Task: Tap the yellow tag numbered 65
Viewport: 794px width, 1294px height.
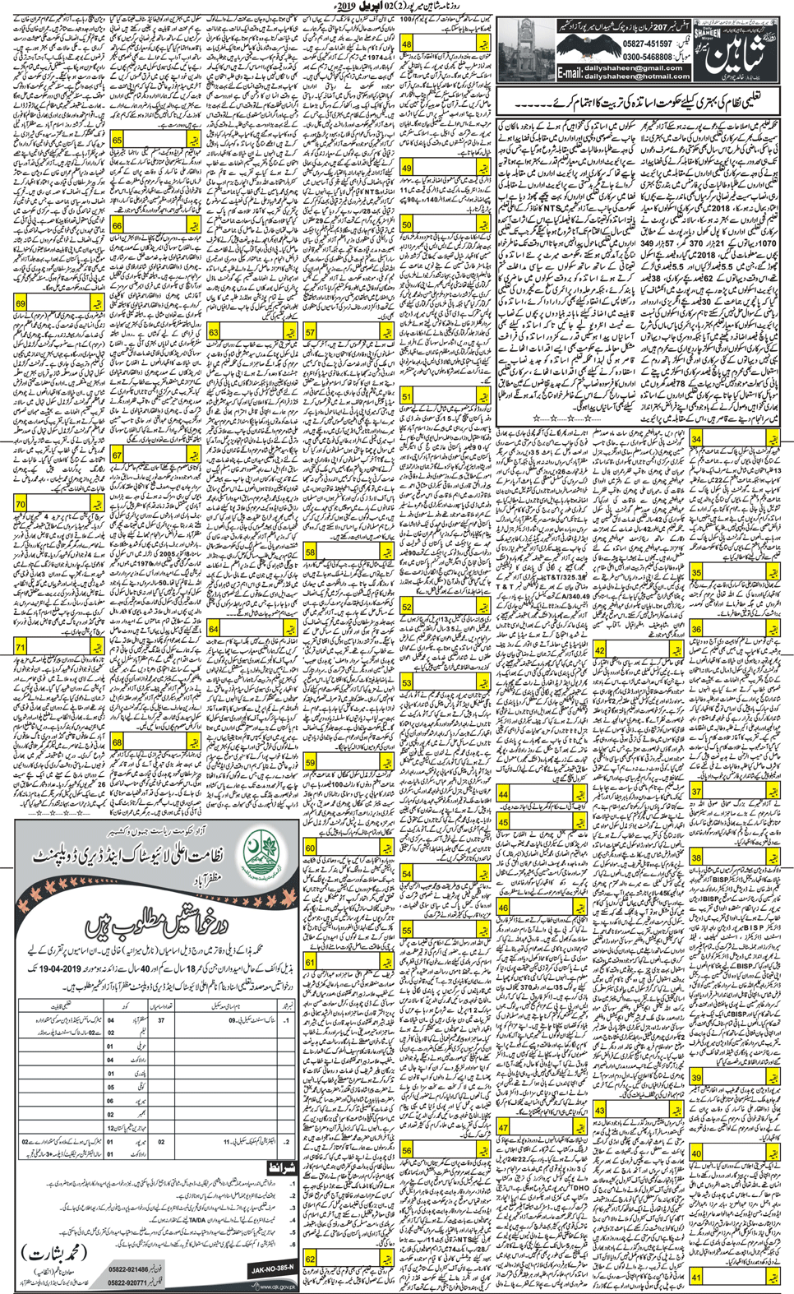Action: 117,141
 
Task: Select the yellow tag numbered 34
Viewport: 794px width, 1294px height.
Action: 696,439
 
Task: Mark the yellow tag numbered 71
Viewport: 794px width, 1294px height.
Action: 21,648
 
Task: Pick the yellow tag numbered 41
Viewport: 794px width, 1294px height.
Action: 696,1277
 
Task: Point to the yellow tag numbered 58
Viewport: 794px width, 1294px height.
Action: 310,552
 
